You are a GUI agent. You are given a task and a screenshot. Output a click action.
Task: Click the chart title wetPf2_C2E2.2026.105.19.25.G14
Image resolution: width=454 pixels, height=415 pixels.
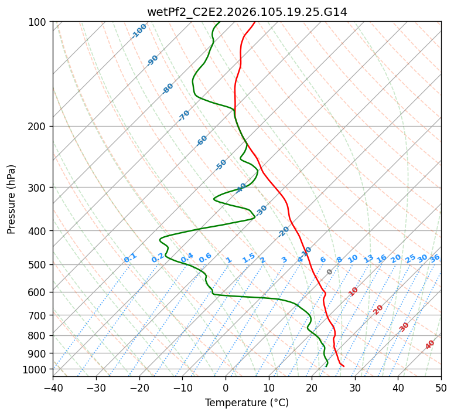tap(247, 12)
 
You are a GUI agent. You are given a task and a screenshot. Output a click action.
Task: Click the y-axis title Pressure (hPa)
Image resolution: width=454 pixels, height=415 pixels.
tap(12, 199)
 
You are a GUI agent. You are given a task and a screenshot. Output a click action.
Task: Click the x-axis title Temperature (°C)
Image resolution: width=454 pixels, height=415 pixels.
tap(247, 403)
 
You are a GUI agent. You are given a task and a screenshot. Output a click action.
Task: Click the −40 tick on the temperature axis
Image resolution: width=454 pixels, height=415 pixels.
tap(53, 388)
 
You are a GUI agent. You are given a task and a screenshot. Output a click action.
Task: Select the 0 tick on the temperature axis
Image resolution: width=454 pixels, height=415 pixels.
tap(226, 388)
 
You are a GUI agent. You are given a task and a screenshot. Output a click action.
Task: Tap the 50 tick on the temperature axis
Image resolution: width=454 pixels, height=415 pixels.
tap(441, 388)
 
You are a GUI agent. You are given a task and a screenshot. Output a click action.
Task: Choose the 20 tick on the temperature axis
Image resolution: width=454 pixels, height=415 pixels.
tap(312, 388)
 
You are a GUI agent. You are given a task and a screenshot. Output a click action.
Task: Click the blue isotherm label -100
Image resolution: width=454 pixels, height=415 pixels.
tap(139, 31)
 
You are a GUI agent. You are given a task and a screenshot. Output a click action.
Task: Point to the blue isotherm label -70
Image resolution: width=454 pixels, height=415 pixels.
tap(184, 115)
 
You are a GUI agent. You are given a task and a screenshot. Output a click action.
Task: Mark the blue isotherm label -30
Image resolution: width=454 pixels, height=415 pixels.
tap(261, 210)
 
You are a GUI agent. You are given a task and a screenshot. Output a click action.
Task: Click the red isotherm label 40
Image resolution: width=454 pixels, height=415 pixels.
tap(430, 345)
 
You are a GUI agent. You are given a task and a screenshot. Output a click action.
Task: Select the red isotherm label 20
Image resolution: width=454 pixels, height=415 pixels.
tap(378, 309)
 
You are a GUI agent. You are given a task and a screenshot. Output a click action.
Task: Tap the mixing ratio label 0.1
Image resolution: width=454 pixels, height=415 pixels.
tap(130, 258)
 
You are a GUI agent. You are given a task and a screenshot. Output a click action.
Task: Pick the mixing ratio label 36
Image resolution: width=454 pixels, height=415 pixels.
tap(435, 258)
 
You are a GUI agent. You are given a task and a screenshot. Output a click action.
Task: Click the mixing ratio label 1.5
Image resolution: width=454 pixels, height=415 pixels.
tap(249, 258)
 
